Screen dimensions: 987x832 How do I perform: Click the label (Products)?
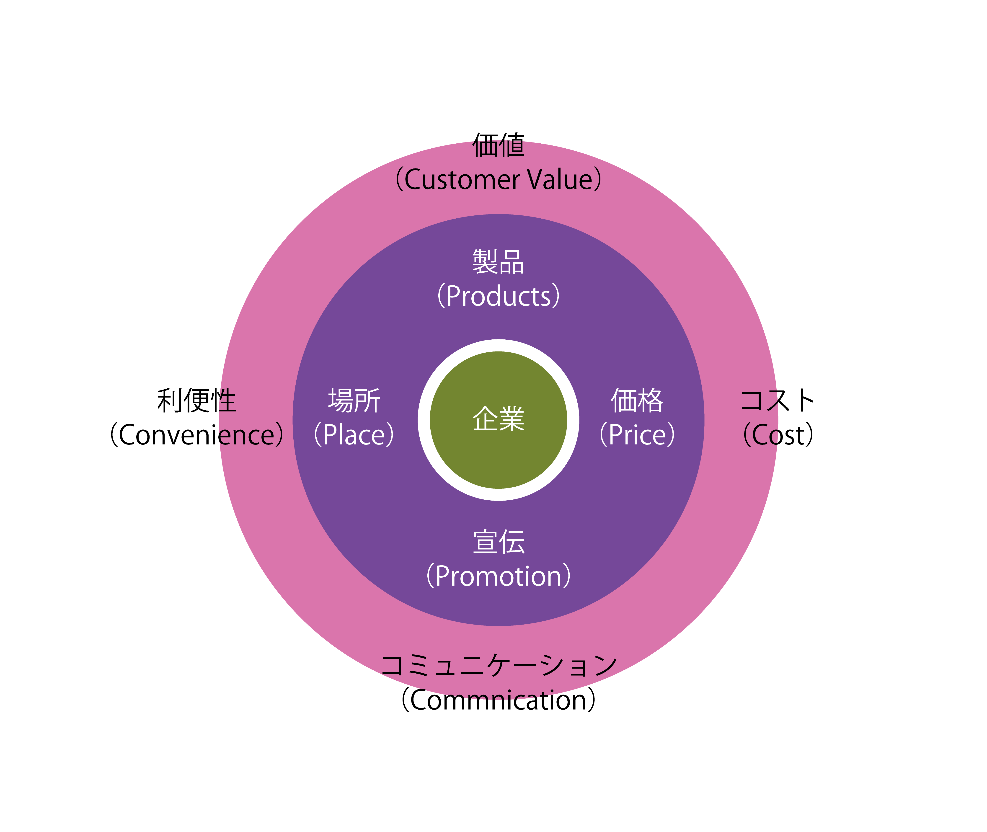[x=499, y=296]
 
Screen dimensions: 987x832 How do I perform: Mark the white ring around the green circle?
[x=499, y=345]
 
